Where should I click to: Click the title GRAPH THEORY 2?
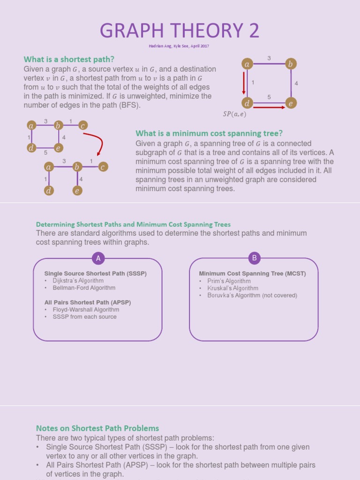(180, 31)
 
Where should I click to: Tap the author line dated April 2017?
(180, 46)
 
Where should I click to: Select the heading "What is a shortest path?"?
(69, 59)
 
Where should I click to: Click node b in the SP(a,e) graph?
(291, 64)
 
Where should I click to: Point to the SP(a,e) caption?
(234, 114)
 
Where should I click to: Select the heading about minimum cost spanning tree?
(209, 133)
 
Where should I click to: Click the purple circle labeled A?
(98, 258)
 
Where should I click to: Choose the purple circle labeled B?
(254, 258)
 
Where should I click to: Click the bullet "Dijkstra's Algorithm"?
(78, 281)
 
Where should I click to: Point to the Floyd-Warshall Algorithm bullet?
(86, 309)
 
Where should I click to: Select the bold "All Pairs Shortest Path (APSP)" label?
(88, 302)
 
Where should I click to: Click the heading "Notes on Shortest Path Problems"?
(97, 428)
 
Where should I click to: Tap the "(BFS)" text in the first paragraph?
(131, 105)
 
